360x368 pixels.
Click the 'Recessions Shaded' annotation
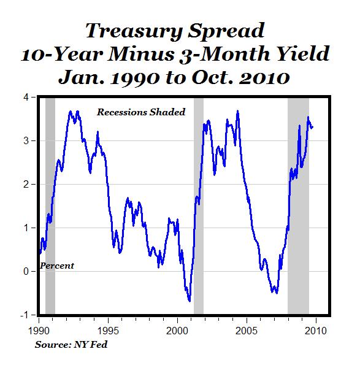[x=140, y=112]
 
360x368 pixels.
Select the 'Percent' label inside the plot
[x=56, y=266]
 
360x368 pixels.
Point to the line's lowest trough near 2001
[x=190, y=301]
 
